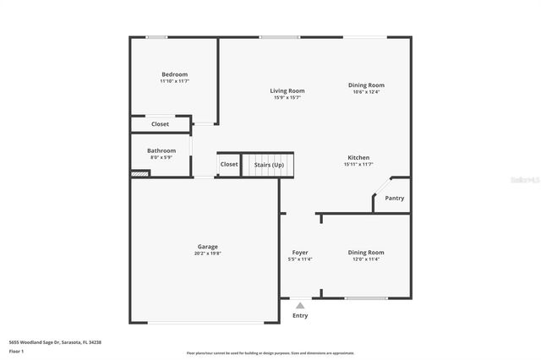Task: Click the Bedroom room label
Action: point(174,74)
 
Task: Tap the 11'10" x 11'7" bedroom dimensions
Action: point(174,82)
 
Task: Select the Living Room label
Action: point(287,90)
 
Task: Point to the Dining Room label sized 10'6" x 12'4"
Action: point(366,85)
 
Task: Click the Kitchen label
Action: point(358,157)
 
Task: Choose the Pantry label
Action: point(395,199)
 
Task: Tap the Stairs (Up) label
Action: point(270,165)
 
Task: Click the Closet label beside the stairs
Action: point(229,165)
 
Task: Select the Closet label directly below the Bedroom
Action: point(160,124)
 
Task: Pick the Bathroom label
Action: point(161,150)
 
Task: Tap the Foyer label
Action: point(300,252)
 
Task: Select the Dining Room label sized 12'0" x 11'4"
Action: point(366,252)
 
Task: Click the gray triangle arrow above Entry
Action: point(300,306)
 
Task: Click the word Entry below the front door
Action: point(300,316)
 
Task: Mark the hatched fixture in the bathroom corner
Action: point(139,174)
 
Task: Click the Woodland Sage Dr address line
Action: point(61,342)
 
